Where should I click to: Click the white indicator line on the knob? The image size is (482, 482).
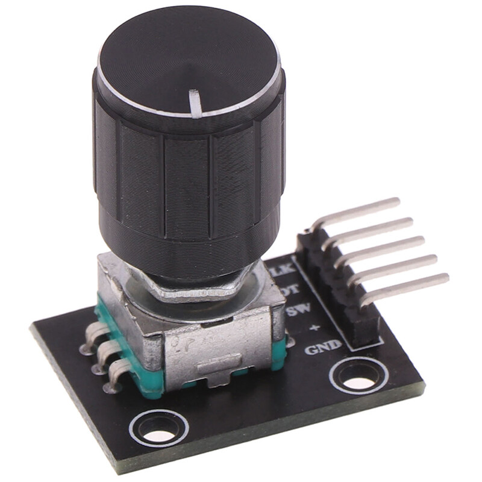point(196,102)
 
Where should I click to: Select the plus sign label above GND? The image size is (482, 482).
point(313,329)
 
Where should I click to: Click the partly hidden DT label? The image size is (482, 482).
point(292,289)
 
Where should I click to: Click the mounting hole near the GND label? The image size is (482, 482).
point(357,381)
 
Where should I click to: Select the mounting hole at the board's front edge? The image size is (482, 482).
point(158,430)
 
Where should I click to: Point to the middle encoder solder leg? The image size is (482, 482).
point(101,353)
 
